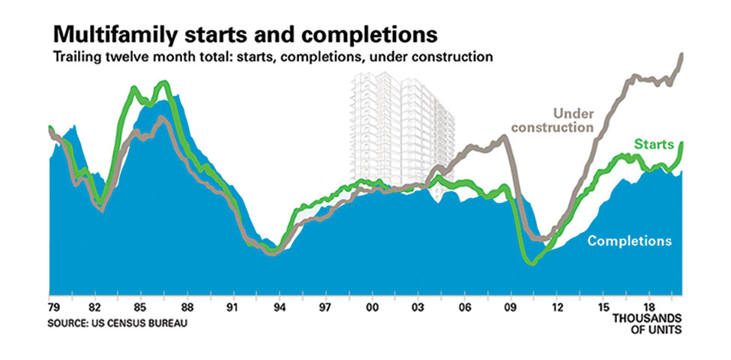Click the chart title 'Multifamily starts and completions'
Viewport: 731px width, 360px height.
point(246,35)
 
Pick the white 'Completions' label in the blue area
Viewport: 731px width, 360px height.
point(629,241)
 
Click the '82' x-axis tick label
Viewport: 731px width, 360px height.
point(95,307)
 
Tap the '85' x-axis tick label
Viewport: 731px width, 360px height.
point(141,307)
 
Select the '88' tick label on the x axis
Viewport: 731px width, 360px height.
point(187,307)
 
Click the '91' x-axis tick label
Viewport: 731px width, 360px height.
point(233,307)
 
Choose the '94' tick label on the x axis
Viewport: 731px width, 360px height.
point(279,307)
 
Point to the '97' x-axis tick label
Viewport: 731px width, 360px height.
point(325,307)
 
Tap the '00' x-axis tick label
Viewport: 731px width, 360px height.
point(372,307)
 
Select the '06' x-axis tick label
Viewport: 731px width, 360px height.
point(464,307)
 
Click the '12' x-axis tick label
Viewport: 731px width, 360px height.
point(556,307)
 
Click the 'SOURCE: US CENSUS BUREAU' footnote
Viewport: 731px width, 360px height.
point(117,322)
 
